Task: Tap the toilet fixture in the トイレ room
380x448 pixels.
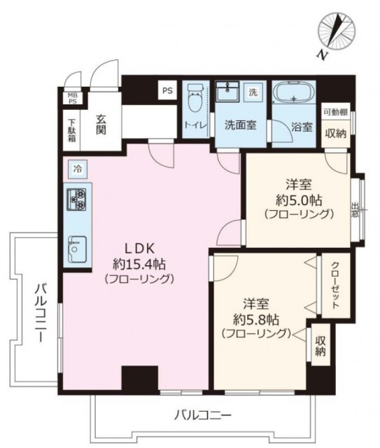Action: coord(196,98)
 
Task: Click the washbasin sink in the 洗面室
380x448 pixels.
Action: coord(227,92)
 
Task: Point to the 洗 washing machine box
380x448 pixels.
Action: coord(253,92)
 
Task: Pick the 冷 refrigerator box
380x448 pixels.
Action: coord(78,169)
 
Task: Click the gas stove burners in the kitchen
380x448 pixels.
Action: coord(76,199)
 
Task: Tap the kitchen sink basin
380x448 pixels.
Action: coord(77,249)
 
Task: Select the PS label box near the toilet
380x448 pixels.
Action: coord(168,90)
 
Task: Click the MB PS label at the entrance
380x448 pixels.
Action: coord(73,98)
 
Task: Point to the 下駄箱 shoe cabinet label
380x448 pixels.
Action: coord(71,131)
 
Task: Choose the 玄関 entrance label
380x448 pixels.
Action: coord(101,125)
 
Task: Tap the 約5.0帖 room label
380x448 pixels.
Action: coord(299,201)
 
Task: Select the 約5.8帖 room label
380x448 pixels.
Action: coord(256,320)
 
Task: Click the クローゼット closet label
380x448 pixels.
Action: coord(335,285)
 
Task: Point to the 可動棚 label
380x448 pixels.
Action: coord(336,112)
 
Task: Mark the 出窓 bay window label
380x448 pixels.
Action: coord(355,210)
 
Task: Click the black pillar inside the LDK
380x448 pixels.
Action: coord(140,377)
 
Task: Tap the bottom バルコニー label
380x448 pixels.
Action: coord(202,414)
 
